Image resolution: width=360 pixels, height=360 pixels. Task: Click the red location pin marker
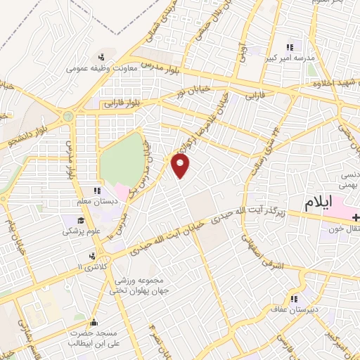[x=181, y=165]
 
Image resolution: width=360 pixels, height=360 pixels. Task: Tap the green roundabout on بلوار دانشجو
[x=68, y=116]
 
